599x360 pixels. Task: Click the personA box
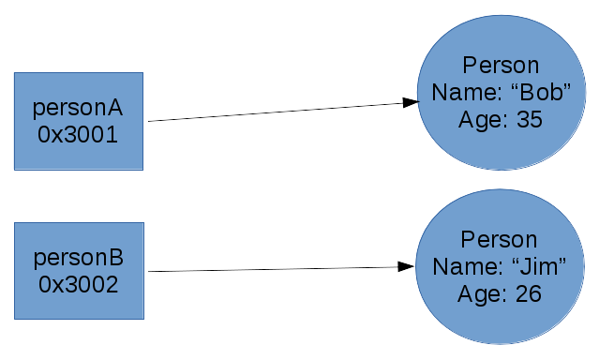[79, 121]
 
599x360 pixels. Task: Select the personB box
[79, 270]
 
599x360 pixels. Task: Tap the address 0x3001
[79, 134]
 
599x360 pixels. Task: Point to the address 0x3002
[79, 284]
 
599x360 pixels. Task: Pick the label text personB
[79, 257]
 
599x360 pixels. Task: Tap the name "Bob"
[542, 93]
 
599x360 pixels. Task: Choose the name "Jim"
[541, 267]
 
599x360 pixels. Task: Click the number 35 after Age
[530, 119]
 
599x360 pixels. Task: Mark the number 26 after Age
[529, 293]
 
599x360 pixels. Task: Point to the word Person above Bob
[502, 66]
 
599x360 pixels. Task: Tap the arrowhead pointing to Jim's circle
[406, 267]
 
